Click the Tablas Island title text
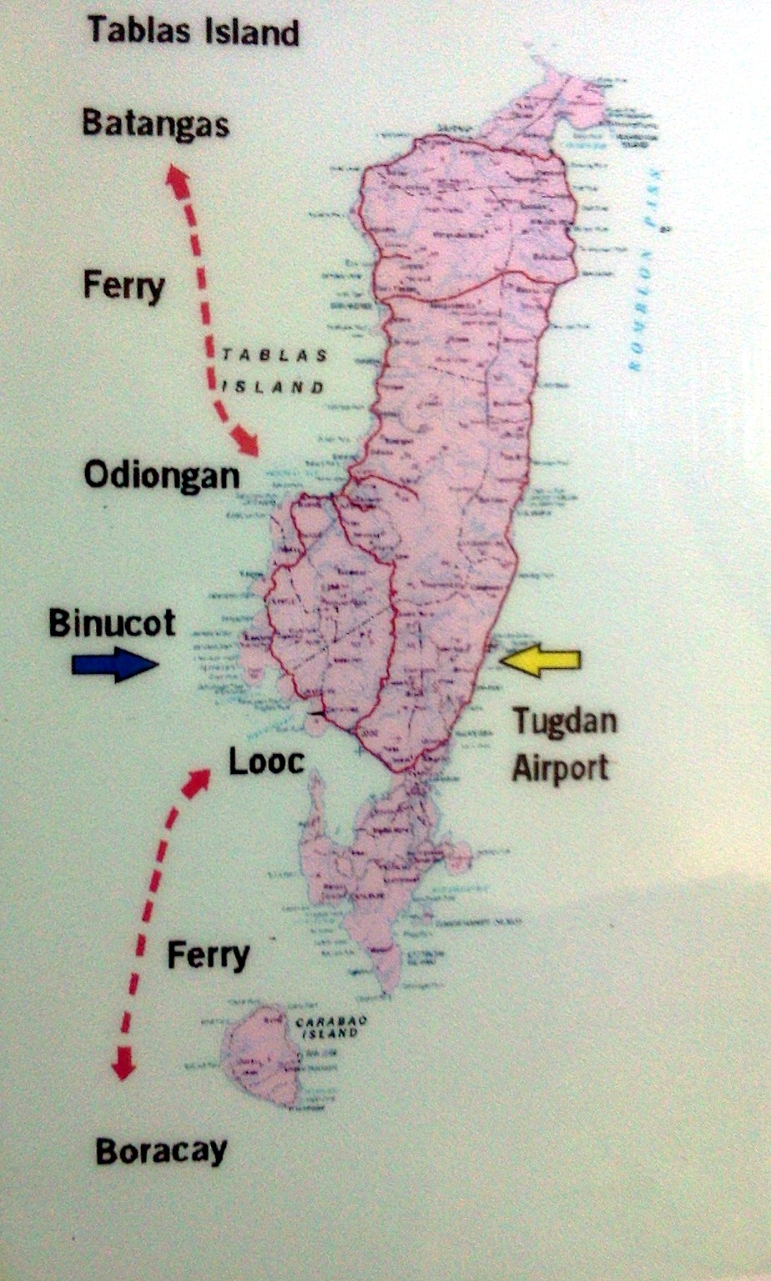tap(193, 32)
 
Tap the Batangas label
tap(155, 124)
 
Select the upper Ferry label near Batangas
tap(123, 286)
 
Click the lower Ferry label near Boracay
tap(208, 955)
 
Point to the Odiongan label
tap(161, 476)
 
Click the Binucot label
tap(112, 623)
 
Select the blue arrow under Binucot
tap(114, 664)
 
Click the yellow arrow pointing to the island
tap(540, 660)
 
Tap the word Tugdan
tap(564, 721)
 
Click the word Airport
tap(560, 766)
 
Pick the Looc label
tap(266, 761)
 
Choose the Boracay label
tap(161, 1152)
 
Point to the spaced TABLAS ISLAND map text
tap(272, 370)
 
